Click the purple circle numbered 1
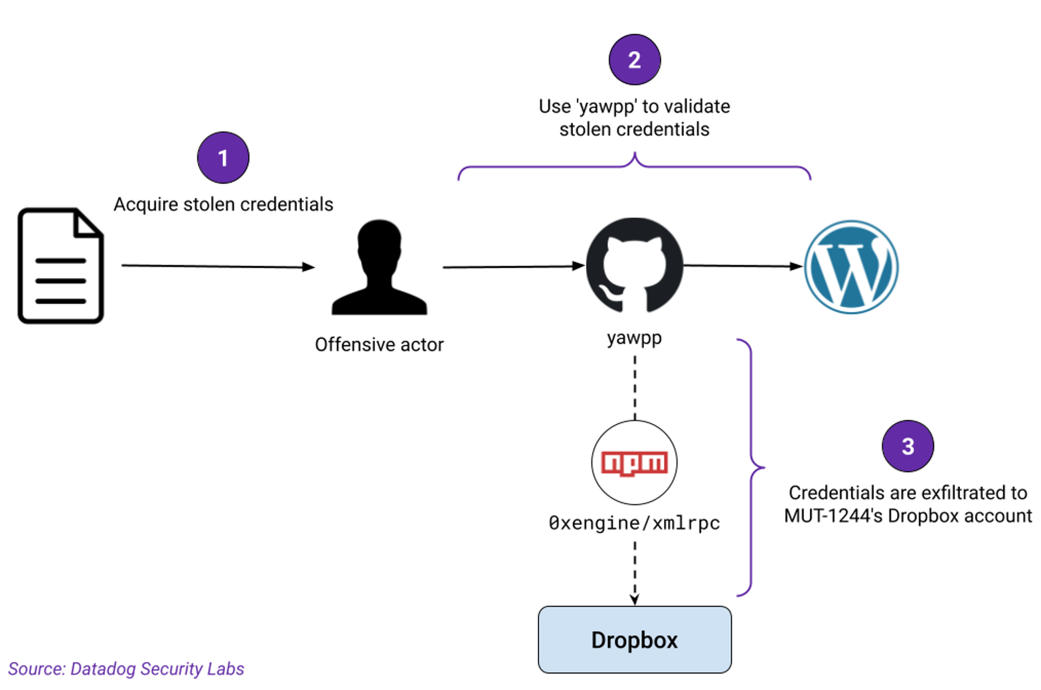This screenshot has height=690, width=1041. pyautogui.click(x=223, y=158)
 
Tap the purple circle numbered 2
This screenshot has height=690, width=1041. pyautogui.click(x=635, y=60)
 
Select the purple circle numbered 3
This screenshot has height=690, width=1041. pyautogui.click(x=908, y=446)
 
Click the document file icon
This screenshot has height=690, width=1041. pyautogui.click(x=60, y=266)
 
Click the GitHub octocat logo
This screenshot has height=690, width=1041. pyautogui.click(x=634, y=265)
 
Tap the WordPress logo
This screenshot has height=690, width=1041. pyautogui.click(x=851, y=267)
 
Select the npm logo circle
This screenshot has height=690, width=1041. pyautogui.click(x=634, y=462)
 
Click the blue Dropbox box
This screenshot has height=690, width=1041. pyautogui.click(x=635, y=640)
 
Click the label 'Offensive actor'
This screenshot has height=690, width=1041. pyautogui.click(x=379, y=345)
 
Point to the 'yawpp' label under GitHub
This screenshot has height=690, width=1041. pyautogui.click(x=634, y=338)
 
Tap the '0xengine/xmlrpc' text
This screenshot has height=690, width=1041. pyautogui.click(x=634, y=523)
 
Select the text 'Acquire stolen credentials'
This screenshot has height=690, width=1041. pyautogui.click(x=223, y=204)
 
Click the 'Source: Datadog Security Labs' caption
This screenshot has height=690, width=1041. pyautogui.click(x=126, y=669)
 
